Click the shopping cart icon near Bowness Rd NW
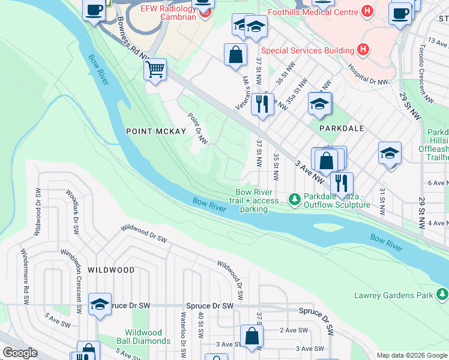pos(155,70)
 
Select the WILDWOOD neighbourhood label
pos(111,270)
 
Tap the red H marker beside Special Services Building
pos(362,50)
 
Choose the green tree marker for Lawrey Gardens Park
pos(442,295)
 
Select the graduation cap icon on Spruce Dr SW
pos(100,304)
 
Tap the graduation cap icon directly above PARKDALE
pos(320,103)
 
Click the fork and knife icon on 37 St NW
pos(262,103)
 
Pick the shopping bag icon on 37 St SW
pos(252,336)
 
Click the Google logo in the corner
pos(20,353)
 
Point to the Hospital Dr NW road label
pos(368,76)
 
